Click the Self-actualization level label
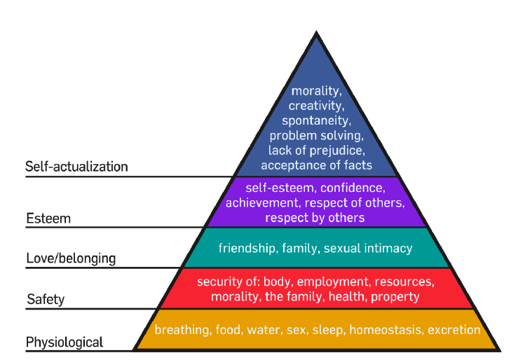pos(76,167)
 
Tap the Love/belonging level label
pos(71,258)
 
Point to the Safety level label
pos(46,300)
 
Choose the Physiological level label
pos(64,342)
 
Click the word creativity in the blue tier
pos(315,106)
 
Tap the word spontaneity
pos(316,120)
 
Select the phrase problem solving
pos(316,135)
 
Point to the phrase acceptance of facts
pos(316,165)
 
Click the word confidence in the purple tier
pos(352,188)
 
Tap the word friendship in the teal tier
pos(245,248)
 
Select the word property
pos(396,297)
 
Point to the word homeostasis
pos(386,330)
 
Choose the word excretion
pos(454,330)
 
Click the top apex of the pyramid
pos(316,33)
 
